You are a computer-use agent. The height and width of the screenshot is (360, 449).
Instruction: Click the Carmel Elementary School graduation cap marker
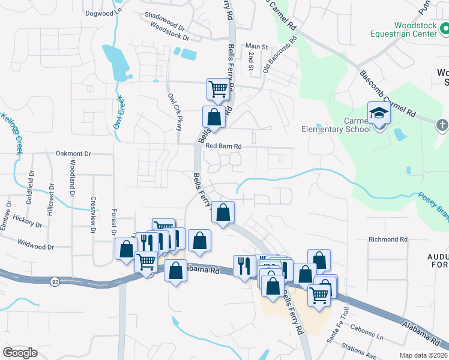[379, 113]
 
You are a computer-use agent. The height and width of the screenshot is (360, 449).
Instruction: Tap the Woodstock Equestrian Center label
[415, 29]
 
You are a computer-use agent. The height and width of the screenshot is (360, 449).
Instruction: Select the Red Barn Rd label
[223, 146]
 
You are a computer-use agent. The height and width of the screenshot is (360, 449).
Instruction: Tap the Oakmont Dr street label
[73, 154]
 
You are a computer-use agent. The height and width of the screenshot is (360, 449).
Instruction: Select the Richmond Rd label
[388, 239]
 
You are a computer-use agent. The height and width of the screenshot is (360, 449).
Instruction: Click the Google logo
[20, 353]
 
